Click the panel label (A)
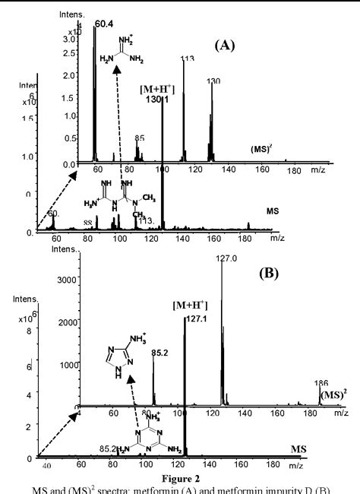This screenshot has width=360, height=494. click(x=225, y=46)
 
